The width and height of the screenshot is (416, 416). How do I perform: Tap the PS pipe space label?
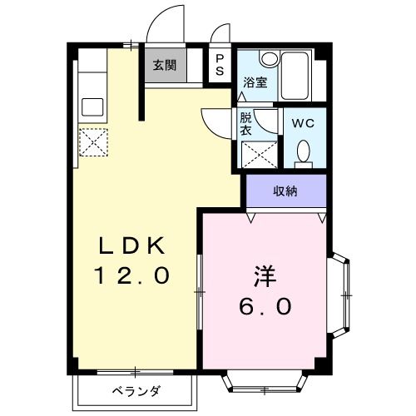(x=220, y=65)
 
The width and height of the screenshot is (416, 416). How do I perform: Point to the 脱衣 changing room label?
(x=246, y=124)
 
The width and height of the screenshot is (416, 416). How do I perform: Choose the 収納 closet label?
(x=286, y=191)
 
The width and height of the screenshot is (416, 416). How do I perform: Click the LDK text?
(x=134, y=245)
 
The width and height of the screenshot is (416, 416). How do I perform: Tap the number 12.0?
(x=134, y=274)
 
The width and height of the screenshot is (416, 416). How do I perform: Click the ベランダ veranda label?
(x=136, y=392)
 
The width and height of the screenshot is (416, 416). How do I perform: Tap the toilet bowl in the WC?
(x=303, y=151)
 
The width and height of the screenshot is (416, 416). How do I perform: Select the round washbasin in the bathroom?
(x=268, y=59)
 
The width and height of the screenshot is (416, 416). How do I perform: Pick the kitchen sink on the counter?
(x=92, y=107)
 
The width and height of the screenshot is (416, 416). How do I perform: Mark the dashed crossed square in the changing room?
(x=258, y=154)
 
